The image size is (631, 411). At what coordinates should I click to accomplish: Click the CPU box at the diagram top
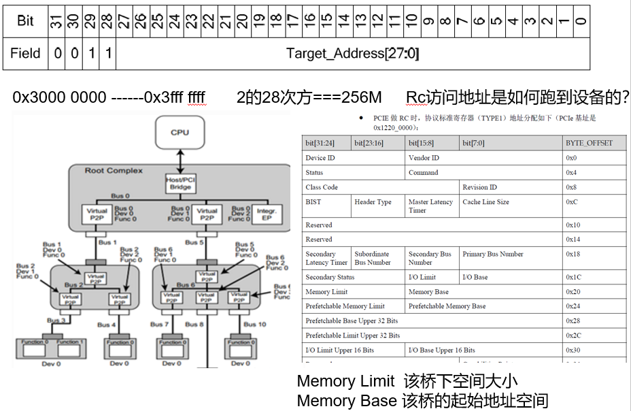click(180, 133)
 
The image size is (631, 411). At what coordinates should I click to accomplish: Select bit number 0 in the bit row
click(580, 21)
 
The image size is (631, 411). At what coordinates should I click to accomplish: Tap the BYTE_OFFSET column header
click(589, 143)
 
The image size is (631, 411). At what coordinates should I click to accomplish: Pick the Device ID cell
click(321, 158)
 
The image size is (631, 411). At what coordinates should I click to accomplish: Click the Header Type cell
click(373, 202)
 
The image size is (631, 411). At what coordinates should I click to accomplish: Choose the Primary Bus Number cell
click(493, 254)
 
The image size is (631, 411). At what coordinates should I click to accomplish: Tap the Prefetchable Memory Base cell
click(447, 306)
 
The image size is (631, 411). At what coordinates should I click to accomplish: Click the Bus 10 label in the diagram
click(254, 325)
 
